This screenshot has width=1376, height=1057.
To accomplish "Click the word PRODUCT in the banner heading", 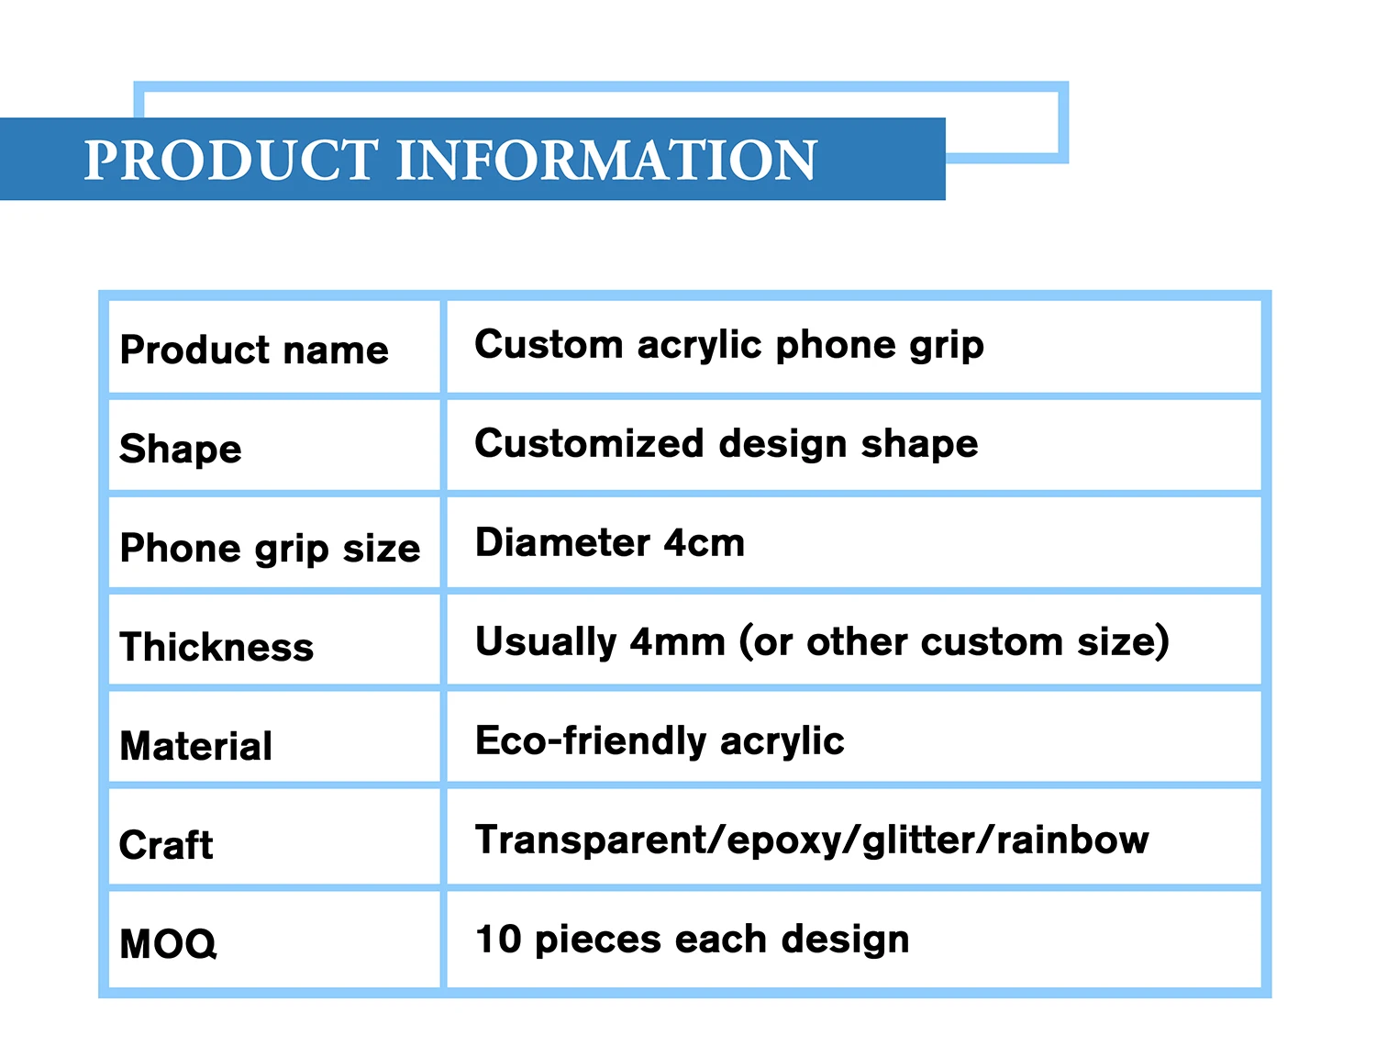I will coord(230,161).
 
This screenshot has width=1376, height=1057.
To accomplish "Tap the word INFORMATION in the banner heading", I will coord(606,161).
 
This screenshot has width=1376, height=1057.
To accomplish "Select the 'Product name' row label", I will coord(254,350).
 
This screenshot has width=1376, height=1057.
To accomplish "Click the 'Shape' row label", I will coord(181,450).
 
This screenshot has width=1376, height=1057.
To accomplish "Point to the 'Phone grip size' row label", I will coord(270,549).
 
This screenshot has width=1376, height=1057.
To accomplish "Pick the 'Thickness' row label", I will coord(216,647).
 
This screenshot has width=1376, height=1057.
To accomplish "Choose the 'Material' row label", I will coord(196,746).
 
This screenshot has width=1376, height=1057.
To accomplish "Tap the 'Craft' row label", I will coord(166,845).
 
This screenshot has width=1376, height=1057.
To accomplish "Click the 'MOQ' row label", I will coord(169,944).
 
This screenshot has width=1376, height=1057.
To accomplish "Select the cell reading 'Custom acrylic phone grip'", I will coord(729,346).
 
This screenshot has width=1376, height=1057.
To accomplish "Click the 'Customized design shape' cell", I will coord(727,444).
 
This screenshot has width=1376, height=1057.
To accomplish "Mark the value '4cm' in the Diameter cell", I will coord(705,543).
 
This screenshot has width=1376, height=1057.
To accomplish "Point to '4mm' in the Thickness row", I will coord(678,642).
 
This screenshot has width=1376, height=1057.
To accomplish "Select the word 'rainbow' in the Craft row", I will coord(1072,840).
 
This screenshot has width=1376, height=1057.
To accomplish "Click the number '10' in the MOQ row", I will coord(498,940).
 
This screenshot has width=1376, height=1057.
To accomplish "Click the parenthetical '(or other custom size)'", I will coord(954,642).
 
